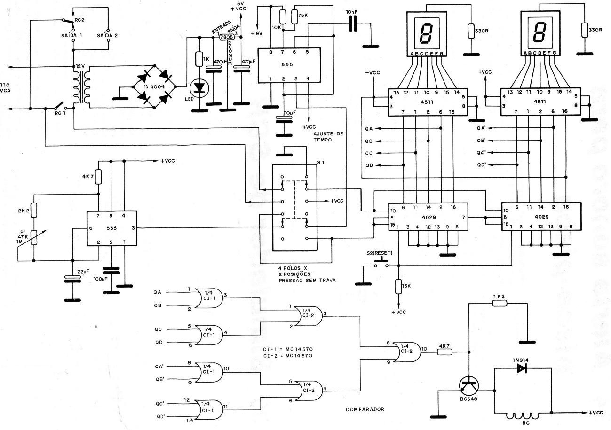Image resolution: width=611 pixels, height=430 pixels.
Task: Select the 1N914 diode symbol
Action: pyautogui.click(x=521, y=368)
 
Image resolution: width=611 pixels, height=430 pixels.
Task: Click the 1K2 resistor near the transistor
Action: pyautogui.click(x=500, y=303)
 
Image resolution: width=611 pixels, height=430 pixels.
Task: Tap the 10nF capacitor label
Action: pyautogui.click(x=351, y=11)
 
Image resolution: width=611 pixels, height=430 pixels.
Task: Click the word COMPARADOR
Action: pyautogui.click(x=365, y=409)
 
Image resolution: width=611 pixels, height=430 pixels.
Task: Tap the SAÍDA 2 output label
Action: pyautogui.click(x=108, y=35)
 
